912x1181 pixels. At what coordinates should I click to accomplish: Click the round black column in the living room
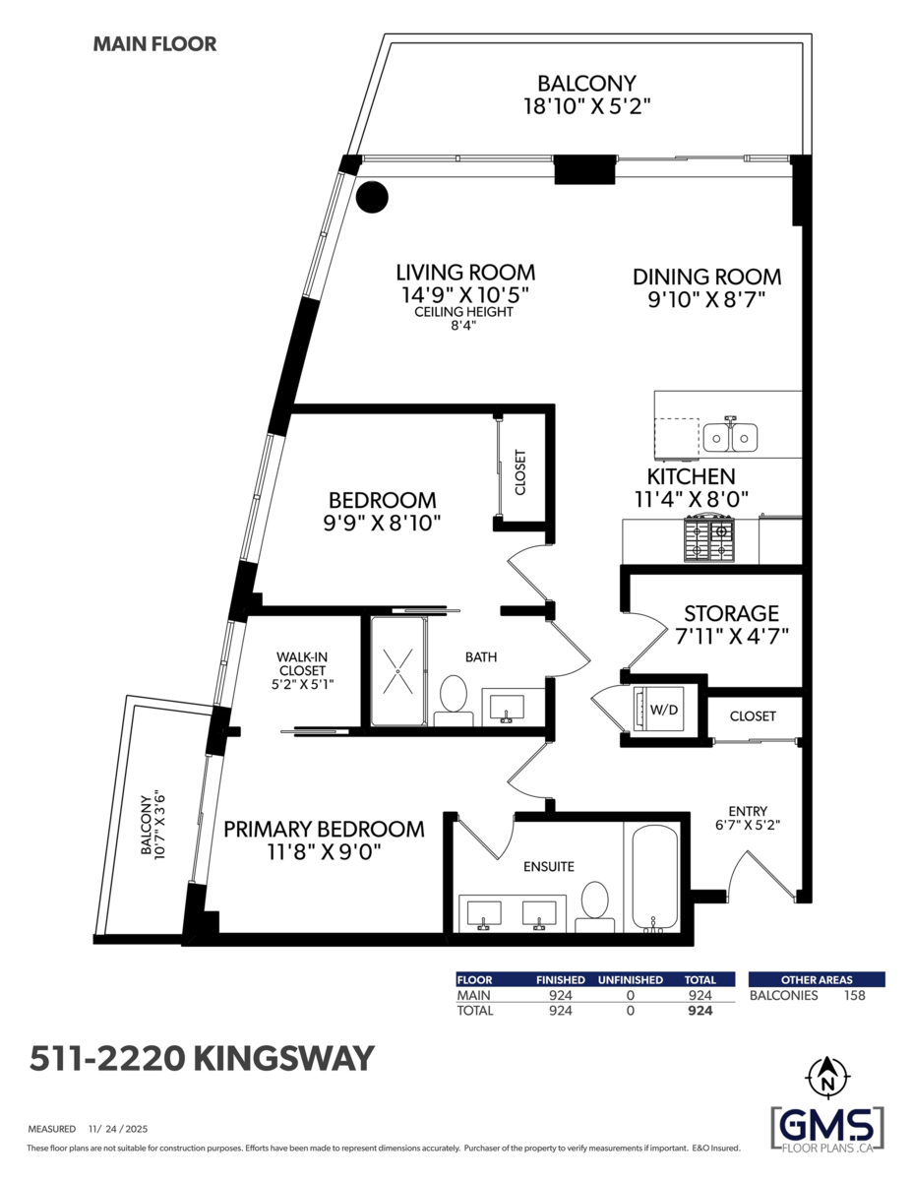[372, 198]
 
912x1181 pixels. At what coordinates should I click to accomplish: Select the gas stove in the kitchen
[709, 538]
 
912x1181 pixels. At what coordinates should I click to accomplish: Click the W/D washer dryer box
[658, 709]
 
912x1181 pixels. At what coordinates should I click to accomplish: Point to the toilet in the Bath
[453, 694]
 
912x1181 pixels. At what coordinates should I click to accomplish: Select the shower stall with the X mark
[397, 671]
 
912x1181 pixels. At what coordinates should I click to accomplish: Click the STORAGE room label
[732, 614]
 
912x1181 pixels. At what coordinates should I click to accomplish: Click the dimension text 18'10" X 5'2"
[586, 105]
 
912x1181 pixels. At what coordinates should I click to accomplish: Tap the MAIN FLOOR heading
[154, 44]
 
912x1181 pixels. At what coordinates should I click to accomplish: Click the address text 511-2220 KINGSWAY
[202, 1058]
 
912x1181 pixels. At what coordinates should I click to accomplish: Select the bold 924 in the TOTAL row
[699, 1011]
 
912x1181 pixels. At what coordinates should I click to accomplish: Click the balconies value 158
[855, 995]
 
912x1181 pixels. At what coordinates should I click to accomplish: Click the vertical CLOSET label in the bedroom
[520, 472]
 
